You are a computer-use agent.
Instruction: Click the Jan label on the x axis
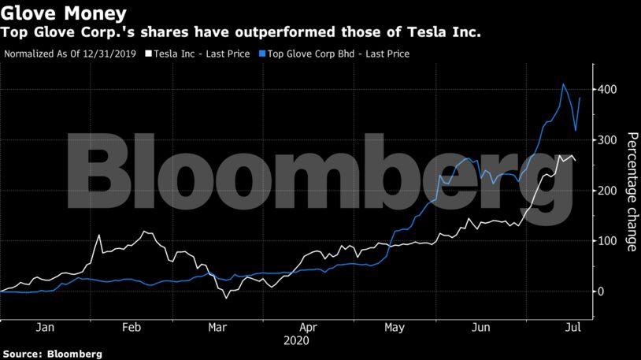click(45, 327)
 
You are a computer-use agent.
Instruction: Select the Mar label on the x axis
click(217, 327)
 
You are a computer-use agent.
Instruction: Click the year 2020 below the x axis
click(296, 341)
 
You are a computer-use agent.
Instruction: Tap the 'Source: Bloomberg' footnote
click(52, 354)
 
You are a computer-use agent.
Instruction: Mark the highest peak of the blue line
click(563, 84)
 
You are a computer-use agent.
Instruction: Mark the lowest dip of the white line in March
click(226, 299)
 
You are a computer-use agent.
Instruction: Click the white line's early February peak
click(99, 235)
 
